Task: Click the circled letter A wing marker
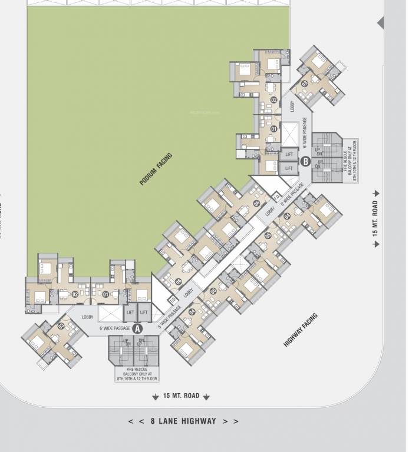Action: click(138, 328)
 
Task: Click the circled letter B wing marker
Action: click(305, 161)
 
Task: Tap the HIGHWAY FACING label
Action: click(301, 330)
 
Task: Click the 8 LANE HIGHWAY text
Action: click(183, 421)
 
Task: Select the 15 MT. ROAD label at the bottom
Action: click(181, 396)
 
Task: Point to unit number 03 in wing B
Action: click(304, 83)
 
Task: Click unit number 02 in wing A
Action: click(75, 294)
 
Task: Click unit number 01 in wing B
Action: click(273, 128)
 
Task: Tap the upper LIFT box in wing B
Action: click(289, 154)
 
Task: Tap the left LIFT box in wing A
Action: click(130, 313)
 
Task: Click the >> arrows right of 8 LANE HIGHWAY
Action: click(231, 421)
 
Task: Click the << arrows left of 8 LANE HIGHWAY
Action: click(136, 421)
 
